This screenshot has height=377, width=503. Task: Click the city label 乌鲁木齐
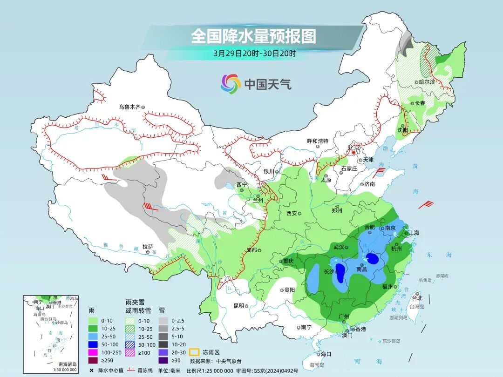tap(129, 107)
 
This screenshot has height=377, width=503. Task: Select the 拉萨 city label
tap(148, 247)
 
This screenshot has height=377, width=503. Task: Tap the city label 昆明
tap(238, 306)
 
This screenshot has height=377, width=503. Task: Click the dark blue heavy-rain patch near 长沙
tap(341, 272)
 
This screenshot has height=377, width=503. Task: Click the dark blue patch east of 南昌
tap(373, 258)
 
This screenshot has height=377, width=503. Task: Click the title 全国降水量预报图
tap(253, 36)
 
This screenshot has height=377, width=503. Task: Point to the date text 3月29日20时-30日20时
tap(254, 53)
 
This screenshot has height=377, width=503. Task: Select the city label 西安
tap(292, 214)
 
